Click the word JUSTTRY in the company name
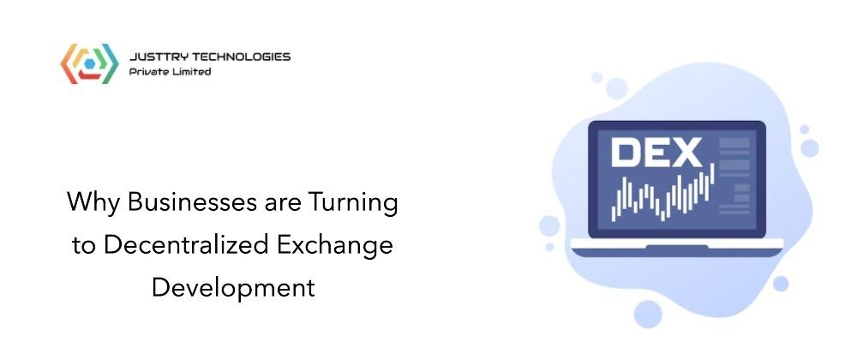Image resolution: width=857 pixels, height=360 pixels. (x=151, y=57)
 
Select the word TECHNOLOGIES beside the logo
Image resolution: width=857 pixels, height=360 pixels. (x=234, y=57)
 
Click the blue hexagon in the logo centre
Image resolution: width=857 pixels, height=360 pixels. (x=89, y=64)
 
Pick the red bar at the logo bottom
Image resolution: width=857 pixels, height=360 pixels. (x=89, y=75)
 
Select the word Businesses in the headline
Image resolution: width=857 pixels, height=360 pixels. (x=191, y=202)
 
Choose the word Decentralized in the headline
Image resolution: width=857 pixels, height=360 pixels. (x=185, y=245)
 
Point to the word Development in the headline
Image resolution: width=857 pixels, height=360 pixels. (x=233, y=289)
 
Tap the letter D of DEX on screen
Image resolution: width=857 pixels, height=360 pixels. (x=626, y=153)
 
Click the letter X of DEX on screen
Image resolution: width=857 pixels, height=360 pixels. (x=686, y=153)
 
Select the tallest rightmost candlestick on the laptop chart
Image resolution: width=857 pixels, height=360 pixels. (x=713, y=173)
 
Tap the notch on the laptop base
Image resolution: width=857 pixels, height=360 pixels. (x=677, y=247)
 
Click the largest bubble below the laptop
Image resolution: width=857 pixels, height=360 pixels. (x=648, y=314)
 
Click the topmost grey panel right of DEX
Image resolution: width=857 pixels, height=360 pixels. (x=734, y=143)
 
